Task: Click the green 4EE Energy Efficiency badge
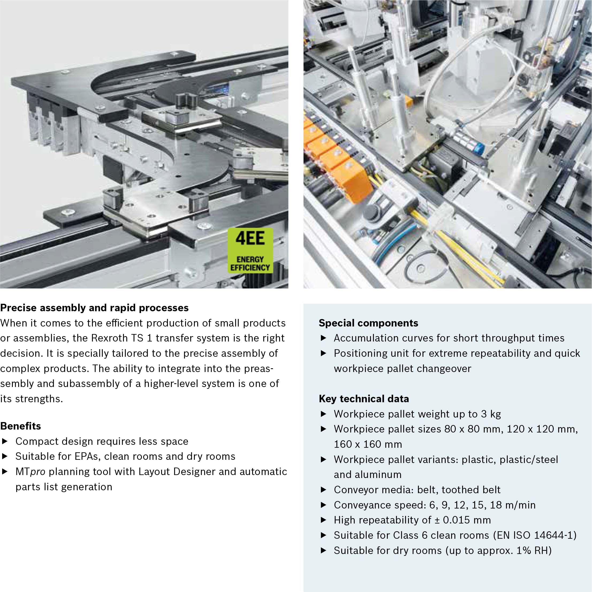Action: [250, 250]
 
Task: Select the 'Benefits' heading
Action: [21, 426]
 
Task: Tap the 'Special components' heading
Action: [368, 323]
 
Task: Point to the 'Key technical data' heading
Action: [364, 399]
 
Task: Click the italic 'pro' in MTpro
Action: [38, 472]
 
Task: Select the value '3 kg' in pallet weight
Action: [491, 414]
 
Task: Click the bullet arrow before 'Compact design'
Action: [5, 441]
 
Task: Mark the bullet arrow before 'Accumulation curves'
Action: [323, 338]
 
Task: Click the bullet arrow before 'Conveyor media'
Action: [323, 490]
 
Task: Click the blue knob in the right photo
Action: [480, 149]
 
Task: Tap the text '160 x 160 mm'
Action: [368, 444]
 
